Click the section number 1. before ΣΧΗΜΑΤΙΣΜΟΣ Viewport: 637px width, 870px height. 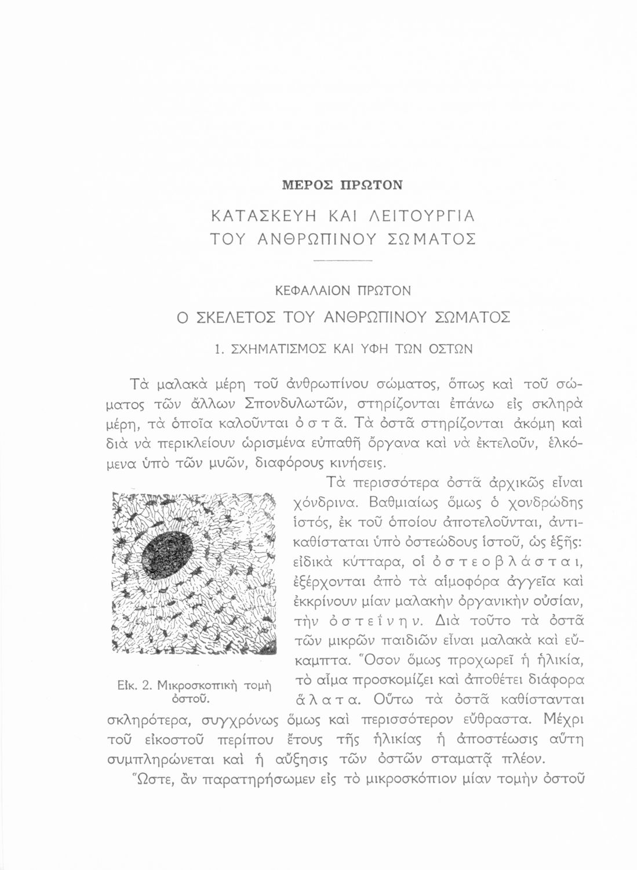tap(219, 349)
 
